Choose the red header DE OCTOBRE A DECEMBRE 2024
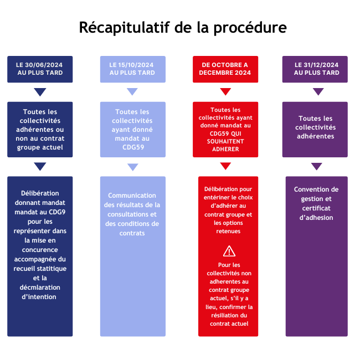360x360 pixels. (x=225, y=69)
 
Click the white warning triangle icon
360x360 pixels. (x=229, y=251)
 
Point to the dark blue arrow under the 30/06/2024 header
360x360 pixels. (x=40, y=92)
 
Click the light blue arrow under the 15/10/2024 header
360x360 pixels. (x=132, y=92)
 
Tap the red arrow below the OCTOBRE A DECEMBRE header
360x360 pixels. (x=225, y=92)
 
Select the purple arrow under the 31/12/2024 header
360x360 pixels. (x=318, y=92)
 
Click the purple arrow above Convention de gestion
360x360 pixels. (x=317, y=166)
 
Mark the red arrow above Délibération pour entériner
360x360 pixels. (x=225, y=166)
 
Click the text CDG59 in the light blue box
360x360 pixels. (x=133, y=147)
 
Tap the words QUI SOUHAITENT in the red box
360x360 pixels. (x=225, y=141)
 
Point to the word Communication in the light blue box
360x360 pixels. (x=132, y=196)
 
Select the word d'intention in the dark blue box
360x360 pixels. (x=40, y=297)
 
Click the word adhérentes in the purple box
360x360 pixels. (x=316, y=136)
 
